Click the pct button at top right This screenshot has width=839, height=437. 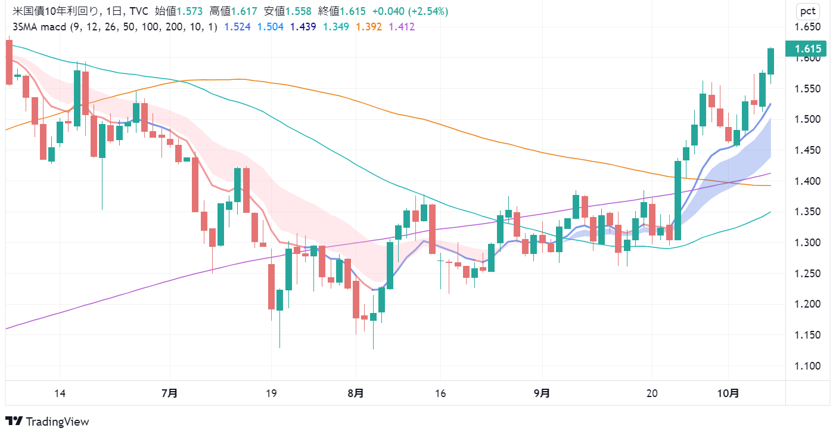807,11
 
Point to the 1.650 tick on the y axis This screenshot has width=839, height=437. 807,27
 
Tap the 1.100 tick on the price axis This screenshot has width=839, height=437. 807,366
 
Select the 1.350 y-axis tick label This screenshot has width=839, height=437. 807,212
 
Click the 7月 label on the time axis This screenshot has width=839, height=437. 170,393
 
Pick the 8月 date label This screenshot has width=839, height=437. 356,393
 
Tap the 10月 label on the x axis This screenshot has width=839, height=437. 728,393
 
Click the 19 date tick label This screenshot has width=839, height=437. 271,393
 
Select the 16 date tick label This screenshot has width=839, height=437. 440,393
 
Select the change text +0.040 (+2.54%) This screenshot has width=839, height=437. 411,11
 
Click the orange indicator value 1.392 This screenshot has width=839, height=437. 369,26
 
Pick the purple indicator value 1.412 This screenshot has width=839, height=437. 402,26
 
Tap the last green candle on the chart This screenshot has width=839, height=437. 770,61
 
